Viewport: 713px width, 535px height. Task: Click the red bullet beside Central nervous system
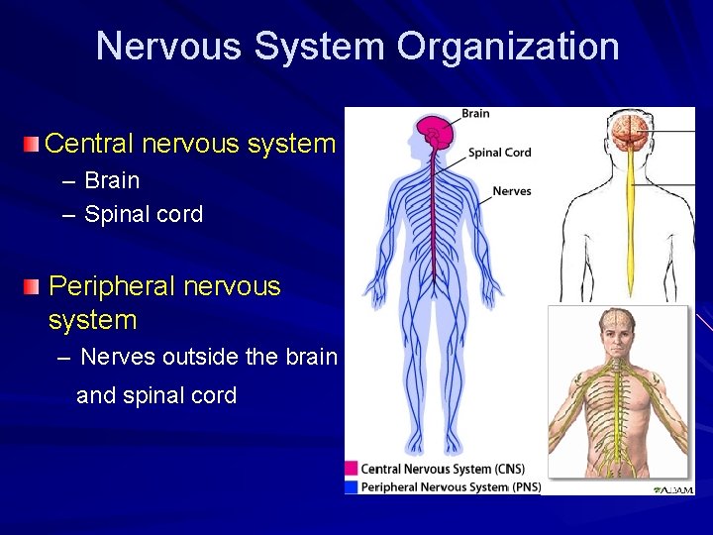coord(33,145)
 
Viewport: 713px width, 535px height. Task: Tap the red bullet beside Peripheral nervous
coord(33,287)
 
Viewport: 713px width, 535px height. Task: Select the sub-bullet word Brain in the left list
coord(112,180)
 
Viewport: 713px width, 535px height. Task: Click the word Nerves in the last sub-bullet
coord(118,357)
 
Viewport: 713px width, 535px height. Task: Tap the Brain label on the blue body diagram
coord(475,114)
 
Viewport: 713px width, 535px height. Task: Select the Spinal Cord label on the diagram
coord(499,153)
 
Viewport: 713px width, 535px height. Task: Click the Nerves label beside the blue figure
coord(511,191)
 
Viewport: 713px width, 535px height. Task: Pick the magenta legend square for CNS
coord(351,469)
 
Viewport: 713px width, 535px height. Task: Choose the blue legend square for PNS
coord(351,486)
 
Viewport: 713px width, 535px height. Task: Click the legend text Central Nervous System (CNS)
coord(442,469)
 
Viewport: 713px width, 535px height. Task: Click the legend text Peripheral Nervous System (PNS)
coord(451,486)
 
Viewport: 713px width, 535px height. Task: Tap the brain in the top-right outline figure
coord(629,132)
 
